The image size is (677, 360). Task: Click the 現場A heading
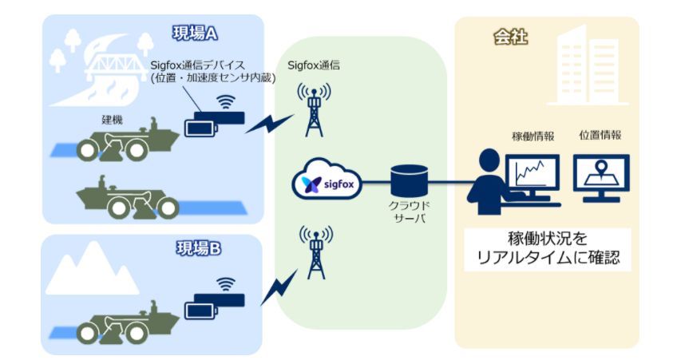[x=196, y=33]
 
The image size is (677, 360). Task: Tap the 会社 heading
[x=510, y=37]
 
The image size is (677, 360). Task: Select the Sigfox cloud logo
[x=327, y=181]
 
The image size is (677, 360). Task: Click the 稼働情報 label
[x=532, y=136]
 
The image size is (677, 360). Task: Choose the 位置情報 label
[x=600, y=136]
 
